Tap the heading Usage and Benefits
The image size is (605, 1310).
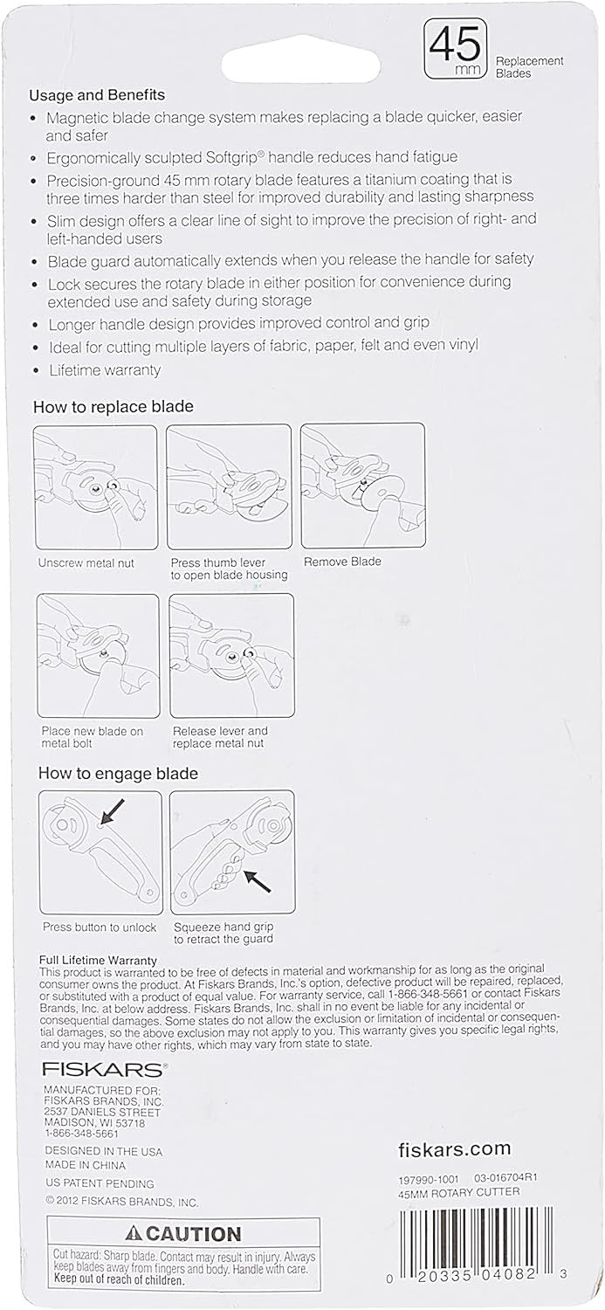coord(97,94)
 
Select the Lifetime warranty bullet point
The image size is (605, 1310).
coord(104,369)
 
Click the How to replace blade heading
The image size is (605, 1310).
coord(113,406)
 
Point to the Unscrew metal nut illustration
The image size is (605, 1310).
coord(95,486)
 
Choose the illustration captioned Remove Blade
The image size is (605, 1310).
coord(362,486)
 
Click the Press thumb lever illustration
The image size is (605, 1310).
coord(229,486)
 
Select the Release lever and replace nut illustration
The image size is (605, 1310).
coord(231,656)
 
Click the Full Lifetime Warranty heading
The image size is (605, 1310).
coord(99,959)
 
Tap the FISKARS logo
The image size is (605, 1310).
coord(102,1068)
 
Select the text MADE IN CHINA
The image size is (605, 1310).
coord(86,1165)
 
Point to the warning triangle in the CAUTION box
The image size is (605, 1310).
coord(132,1234)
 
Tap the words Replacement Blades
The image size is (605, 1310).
coord(530,67)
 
